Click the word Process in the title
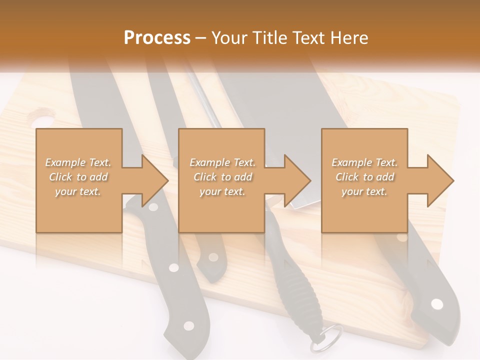pyautogui.click(x=157, y=38)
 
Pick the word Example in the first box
pyautogui.click(x=65, y=162)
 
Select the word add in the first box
pyautogui.click(x=99, y=177)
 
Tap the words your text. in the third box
pyautogui.click(x=364, y=191)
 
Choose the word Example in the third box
pyautogui.click(x=351, y=162)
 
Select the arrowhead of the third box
pyautogui.click(x=439, y=180)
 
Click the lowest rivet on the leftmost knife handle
pyautogui.click(x=188, y=326)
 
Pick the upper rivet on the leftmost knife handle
pyautogui.click(x=173, y=267)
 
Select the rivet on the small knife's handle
pyautogui.click(x=213, y=257)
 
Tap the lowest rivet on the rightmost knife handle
pyautogui.click(x=437, y=304)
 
